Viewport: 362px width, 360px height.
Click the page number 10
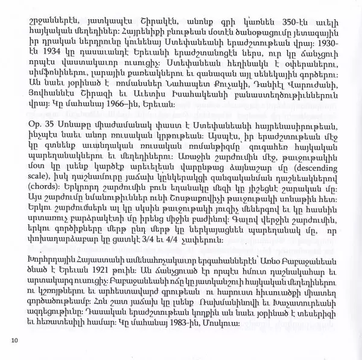pyautogui.click(x=14, y=341)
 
